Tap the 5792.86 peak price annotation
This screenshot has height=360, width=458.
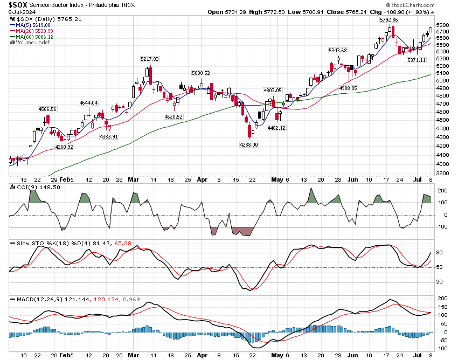point(388,20)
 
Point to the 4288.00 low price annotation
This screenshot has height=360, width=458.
point(249,144)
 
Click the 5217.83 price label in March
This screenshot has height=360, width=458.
point(149,59)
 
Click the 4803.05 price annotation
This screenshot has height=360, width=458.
point(273,90)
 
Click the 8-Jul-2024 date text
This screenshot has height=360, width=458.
point(19,12)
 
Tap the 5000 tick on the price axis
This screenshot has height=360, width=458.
point(442,80)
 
